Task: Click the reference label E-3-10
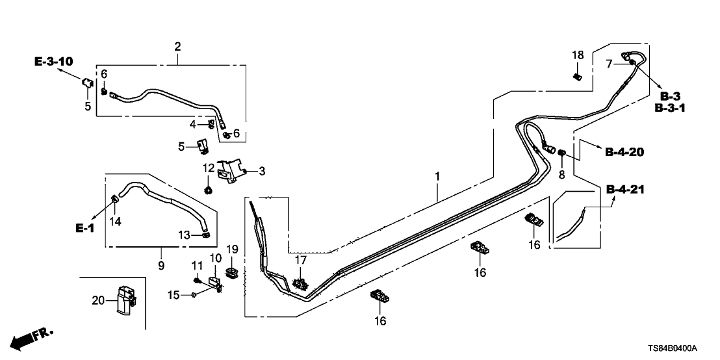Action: point(53,62)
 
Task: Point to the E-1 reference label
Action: point(85,228)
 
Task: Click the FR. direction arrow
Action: point(32,337)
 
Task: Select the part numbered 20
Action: point(124,302)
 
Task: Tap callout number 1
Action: point(437,176)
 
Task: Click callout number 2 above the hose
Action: point(177,46)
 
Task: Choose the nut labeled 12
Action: point(209,190)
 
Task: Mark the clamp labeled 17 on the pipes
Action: point(300,283)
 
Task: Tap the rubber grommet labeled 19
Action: point(231,271)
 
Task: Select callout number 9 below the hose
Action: point(161,265)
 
